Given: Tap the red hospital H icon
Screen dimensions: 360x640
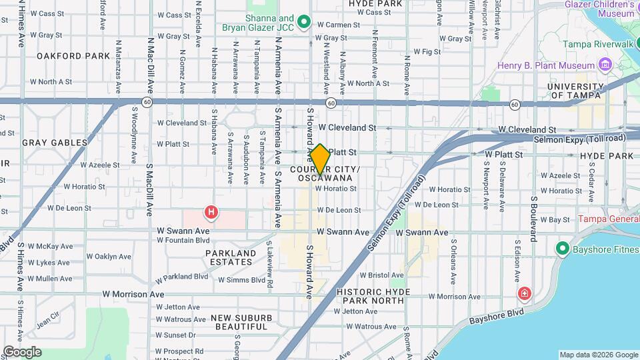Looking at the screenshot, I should tap(211, 213).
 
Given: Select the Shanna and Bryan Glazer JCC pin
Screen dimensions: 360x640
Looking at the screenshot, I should tap(304, 23).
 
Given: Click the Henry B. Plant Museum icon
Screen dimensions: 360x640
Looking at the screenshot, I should tap(605, 65).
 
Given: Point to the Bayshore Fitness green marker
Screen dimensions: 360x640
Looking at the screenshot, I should tap(562, 249).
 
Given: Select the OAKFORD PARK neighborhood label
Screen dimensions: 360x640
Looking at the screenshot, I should tap(73, 56).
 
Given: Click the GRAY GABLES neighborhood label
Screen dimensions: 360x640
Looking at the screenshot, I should tap(55, 143).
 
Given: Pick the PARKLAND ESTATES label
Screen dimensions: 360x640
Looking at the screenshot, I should tap(230, 257).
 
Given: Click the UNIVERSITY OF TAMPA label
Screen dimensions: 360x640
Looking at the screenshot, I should tap(576, 91).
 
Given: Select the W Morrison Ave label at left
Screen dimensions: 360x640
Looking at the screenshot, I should tap(133, 294).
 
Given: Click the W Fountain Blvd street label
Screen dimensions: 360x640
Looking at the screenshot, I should tap(183, 240).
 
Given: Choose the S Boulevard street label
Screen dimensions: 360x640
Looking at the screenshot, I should tap(534, 218).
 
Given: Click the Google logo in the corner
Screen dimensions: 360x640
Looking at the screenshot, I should tap(22, 352).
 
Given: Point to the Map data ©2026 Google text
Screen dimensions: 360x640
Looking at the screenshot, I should tap(598, 355).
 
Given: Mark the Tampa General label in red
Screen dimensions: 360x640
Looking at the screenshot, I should tap(609, 219).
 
